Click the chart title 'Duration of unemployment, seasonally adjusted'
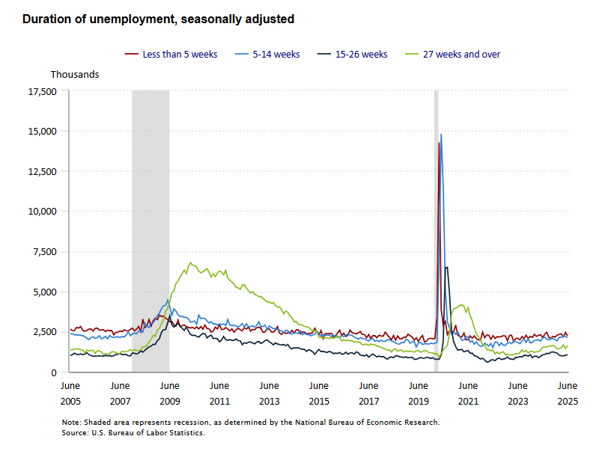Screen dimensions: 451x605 tap(158, 19)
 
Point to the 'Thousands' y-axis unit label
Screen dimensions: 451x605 tap(75, 75)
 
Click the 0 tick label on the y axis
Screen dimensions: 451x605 tap(54, 372)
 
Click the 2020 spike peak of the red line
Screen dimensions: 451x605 tap(439, 143)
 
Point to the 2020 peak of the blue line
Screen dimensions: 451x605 tap(441, 135)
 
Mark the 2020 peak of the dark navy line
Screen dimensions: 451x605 tap(446, 267)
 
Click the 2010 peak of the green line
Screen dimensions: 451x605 tap(190, 263)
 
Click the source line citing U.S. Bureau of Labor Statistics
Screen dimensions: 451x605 tap(133, 432)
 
